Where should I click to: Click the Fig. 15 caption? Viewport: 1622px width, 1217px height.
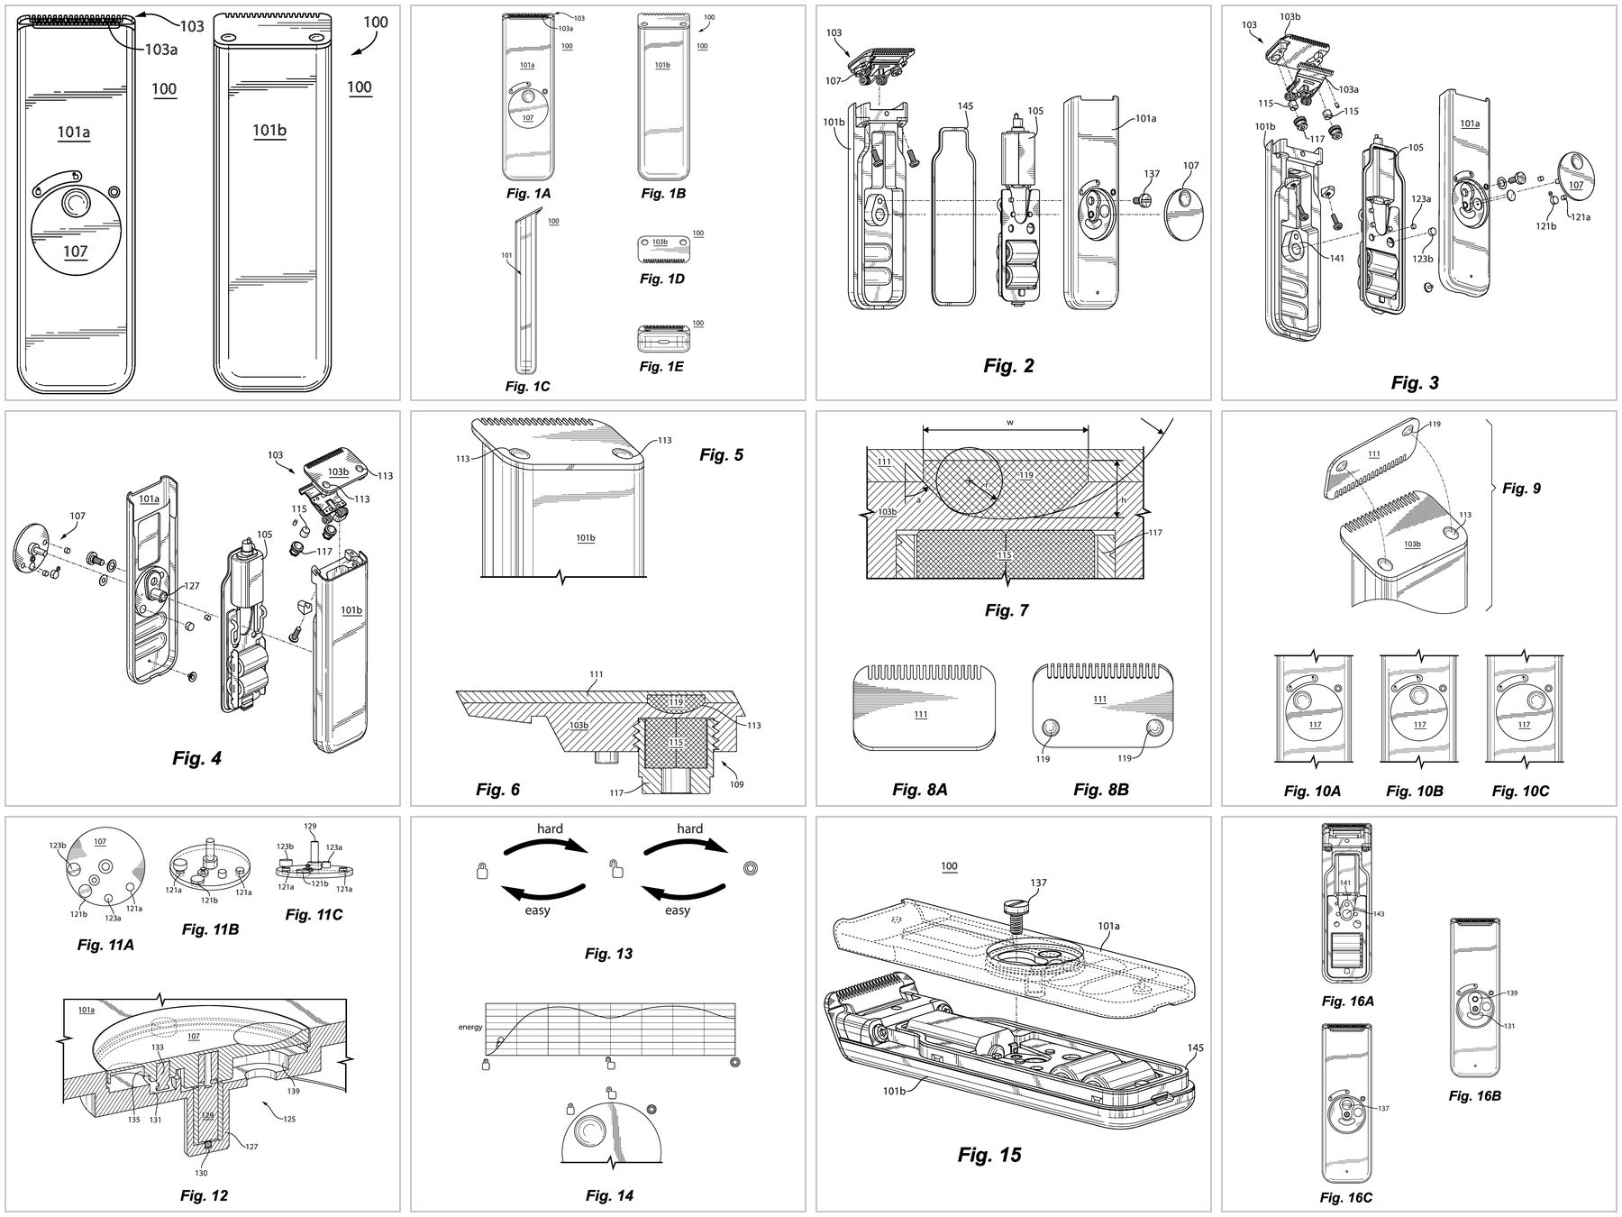coord(989,1155)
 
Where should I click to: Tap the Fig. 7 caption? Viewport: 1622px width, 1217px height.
coord(1006,610)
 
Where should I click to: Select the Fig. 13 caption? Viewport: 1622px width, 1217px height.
coord(608,954)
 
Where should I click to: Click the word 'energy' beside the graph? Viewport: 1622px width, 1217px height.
coord(470,1027)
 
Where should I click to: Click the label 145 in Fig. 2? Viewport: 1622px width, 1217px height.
coord(965,106)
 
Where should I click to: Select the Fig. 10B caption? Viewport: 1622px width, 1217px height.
coord(1414,791)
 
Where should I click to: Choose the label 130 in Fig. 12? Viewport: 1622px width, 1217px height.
coord(201,1173)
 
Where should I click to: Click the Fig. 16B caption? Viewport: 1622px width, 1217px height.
coord(1474,1096)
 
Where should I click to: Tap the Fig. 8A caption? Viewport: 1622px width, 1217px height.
coord(919,790)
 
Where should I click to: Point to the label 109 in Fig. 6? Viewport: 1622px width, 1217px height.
coord(736,785)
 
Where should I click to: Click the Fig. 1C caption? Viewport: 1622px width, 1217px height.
coord(527,386)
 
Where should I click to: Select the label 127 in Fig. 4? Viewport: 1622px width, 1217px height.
coord(192,585)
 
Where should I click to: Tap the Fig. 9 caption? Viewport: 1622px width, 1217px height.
coord(1521,488)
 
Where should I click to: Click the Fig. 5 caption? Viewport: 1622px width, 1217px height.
coord(721,455)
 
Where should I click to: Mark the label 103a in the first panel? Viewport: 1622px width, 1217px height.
coord(160,50)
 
